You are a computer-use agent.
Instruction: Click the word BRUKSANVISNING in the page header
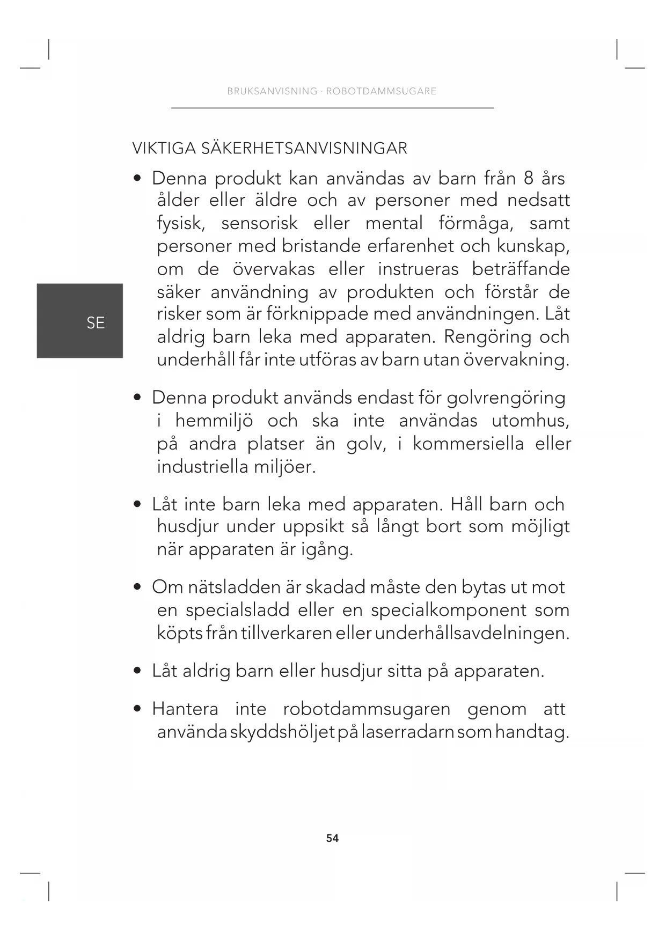pos(272,91)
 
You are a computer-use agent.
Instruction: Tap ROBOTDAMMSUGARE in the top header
pos(381,91)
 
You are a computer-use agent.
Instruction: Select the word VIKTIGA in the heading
pos(164,148)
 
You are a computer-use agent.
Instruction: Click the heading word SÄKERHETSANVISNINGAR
pos(304,148)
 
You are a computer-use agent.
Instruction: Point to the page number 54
pos(332,839)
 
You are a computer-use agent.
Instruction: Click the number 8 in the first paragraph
pos(529,178)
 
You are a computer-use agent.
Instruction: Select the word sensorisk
pos(259,223)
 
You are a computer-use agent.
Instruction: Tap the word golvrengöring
pos(506,398)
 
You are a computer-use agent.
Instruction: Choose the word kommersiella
pos(468,444)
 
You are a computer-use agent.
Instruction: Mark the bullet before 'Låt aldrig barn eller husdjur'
pos(138,671)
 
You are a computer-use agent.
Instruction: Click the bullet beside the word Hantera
pos(138,709)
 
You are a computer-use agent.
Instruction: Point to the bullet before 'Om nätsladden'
pos(138,587)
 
